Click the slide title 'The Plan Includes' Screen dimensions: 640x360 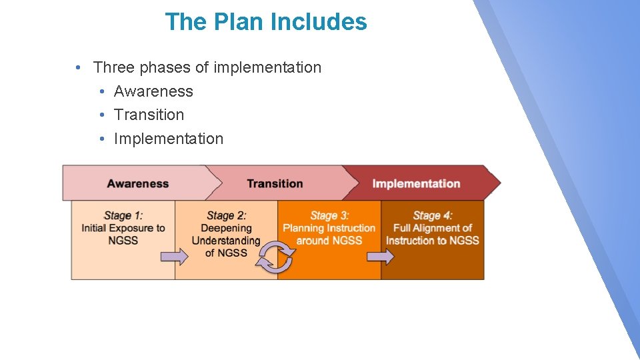266,22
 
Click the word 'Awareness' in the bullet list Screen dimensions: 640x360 153,91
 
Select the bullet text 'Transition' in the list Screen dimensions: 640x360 149,115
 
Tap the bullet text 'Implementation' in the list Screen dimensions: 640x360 169,139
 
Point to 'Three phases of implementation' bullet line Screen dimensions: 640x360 207,67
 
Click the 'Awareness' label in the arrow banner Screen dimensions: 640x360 138,183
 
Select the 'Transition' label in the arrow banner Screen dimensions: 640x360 275,183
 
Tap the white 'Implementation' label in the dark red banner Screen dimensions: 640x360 416,183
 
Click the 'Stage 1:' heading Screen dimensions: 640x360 123,215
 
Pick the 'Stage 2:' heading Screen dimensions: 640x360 226,215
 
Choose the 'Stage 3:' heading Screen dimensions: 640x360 329,215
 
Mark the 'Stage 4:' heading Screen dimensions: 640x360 433,215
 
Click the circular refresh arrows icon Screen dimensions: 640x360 275,258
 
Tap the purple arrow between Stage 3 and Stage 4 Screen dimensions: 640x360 381,257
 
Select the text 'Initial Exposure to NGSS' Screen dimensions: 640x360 123,234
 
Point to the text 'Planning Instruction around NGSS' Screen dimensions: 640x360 329,234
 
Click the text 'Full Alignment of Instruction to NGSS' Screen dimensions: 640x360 433,234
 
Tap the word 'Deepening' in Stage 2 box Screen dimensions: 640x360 226,228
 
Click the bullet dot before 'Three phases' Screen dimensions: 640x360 79,68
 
